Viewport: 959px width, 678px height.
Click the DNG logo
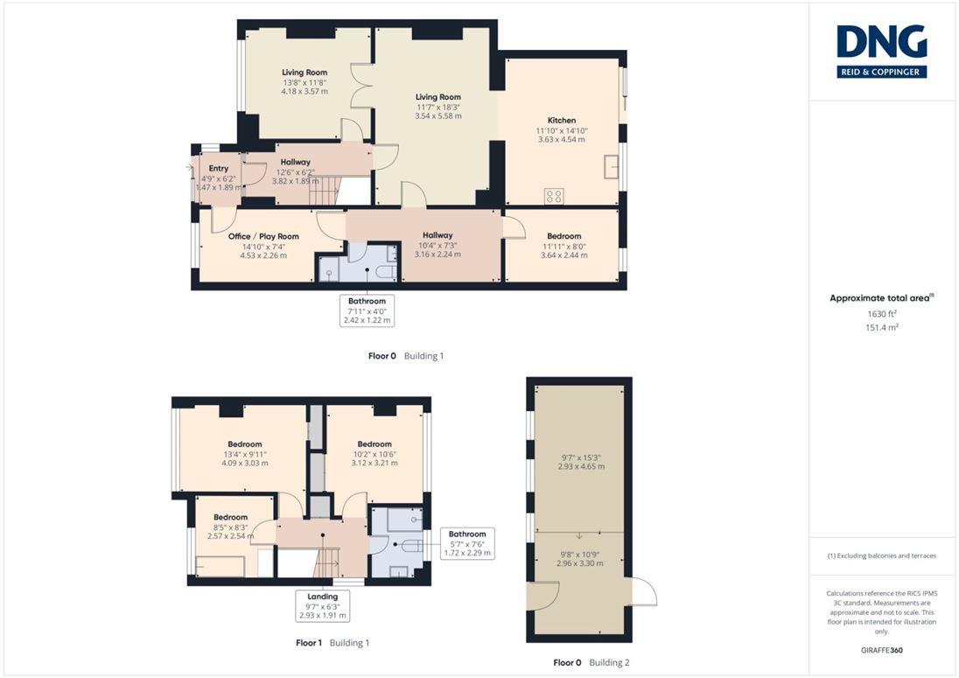click(881, 52)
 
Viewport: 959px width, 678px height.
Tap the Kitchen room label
click(562, 121)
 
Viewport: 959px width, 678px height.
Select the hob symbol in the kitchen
click(554, 196)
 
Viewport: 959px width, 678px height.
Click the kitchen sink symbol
click(611, 166)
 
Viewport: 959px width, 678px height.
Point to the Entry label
click(219, 168)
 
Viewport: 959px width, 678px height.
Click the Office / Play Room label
click(263, 236)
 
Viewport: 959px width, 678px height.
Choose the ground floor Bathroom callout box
click(367, 311)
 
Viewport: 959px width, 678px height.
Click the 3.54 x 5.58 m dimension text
click(437, 116)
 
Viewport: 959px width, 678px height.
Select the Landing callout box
click(322, 606)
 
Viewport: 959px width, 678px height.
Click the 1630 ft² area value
click(881, 313)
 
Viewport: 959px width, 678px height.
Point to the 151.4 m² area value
click(882, 328)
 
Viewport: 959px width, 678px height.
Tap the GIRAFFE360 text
click(881, 651)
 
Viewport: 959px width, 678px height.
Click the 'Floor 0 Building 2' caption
click(591, 663)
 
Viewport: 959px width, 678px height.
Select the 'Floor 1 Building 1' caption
click(332, 643)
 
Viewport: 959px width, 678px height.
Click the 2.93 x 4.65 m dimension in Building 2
click(581, 466)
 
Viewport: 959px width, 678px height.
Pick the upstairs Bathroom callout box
click(467, 543)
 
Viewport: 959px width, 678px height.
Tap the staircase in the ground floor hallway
click(323, 190)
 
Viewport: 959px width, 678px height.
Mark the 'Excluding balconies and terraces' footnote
click(881, 556)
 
